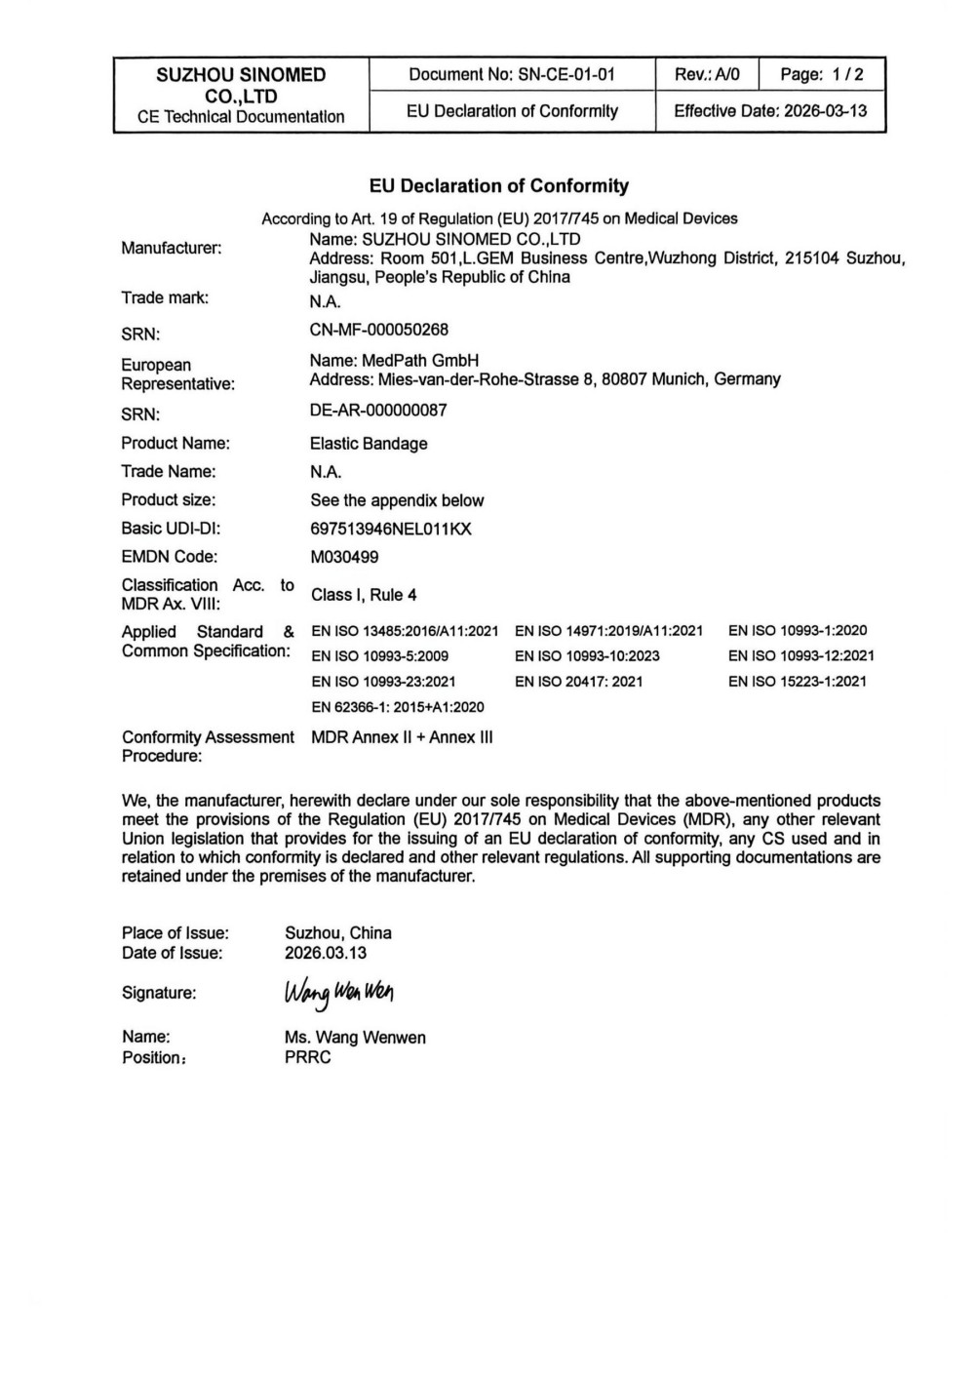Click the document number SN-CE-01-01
point(565,75)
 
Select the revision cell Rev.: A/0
point(707,75)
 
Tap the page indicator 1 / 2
point(822,75)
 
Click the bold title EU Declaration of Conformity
point(498,186)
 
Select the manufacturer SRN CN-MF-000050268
point(378,330)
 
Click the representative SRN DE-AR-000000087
point(378,411)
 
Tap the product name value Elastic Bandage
point(369,444)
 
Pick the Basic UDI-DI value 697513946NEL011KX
point(391,529)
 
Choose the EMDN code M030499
point(344,557)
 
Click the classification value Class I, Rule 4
point(364,595)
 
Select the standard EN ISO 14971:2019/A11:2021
point(608,631)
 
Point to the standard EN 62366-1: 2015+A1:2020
point(398,707)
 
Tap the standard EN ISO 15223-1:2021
point(797,682)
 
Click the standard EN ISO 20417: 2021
point(578,682)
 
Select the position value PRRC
point(308,1057)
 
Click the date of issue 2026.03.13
point(326,953)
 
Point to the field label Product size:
point(169,500)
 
